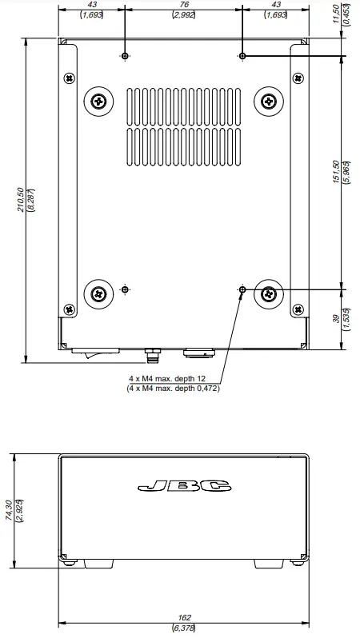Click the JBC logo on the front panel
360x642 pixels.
pos(184,485)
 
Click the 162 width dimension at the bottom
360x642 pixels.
pos(184,618)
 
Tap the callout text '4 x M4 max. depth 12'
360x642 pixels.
pos(174,380)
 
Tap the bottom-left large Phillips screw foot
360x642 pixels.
pos(98,293)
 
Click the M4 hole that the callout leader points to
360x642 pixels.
pos(242,288)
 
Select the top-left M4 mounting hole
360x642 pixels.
pos(125,56)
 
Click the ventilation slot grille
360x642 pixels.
pos(183,123)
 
